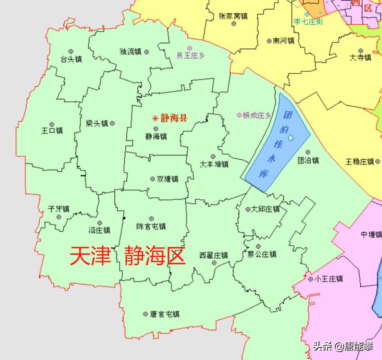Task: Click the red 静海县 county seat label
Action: click(174, 118)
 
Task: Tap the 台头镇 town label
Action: click(71, 59)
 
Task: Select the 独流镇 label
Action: click(131, 52)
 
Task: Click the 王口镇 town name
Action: click(52, 131)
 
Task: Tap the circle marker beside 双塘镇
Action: click(152, 179)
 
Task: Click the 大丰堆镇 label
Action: click(214, 164)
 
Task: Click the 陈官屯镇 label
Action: click(151, 227)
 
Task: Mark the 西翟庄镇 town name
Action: click(214, 255)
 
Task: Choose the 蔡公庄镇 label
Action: click(262, 254)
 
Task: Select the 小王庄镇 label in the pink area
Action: click(329, 279)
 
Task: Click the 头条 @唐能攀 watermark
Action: click(343, 346)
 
